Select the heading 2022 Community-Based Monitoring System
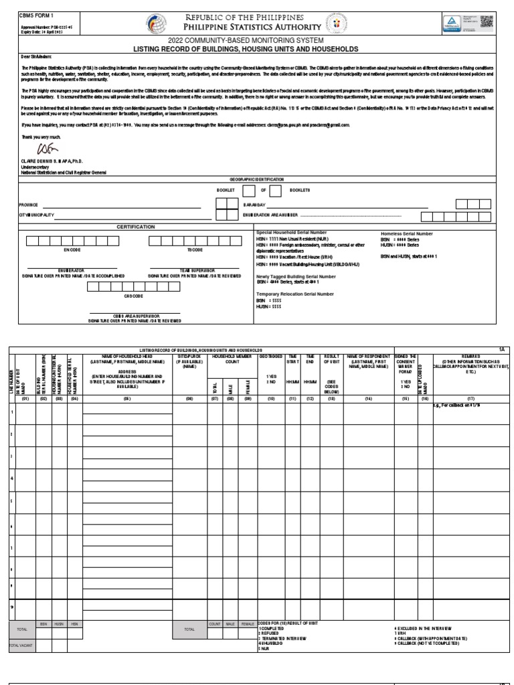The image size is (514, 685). point(257,41)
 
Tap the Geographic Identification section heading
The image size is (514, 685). point(257,180)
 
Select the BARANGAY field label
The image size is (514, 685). point(255,205)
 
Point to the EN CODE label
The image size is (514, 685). point(72,250)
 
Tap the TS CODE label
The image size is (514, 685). point(195,250)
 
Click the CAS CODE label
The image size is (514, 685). point(133,295)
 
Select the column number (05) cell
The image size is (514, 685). point(127,399)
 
